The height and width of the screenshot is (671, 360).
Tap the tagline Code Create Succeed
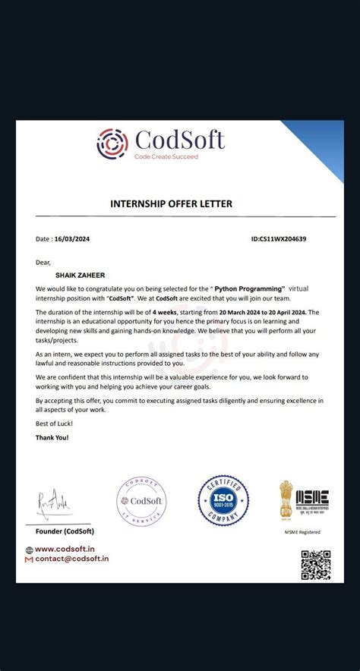tap(166, 156)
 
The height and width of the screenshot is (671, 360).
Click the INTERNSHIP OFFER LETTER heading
tap(171, 203)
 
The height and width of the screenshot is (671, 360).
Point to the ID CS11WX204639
tap(279, 238)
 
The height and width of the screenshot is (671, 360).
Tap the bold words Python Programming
tap(248, 289)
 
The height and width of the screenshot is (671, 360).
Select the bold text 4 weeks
tap(165, 312)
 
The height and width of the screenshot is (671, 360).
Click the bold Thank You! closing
tap(52, 438)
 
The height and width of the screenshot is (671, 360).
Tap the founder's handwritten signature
tap(54, 501)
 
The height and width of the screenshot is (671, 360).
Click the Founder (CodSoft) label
tap(65, 531)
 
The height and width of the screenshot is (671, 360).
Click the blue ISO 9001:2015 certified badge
tap(223, 501)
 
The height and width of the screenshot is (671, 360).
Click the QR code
tap(316, 564)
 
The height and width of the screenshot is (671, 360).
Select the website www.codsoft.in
tap(65, 549)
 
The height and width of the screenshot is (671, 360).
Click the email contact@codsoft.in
tap(71, 559)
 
